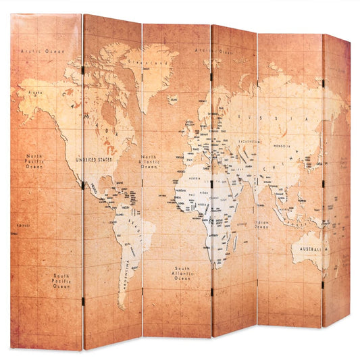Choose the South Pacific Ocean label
point(61,280)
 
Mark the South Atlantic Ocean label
point(182,273)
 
